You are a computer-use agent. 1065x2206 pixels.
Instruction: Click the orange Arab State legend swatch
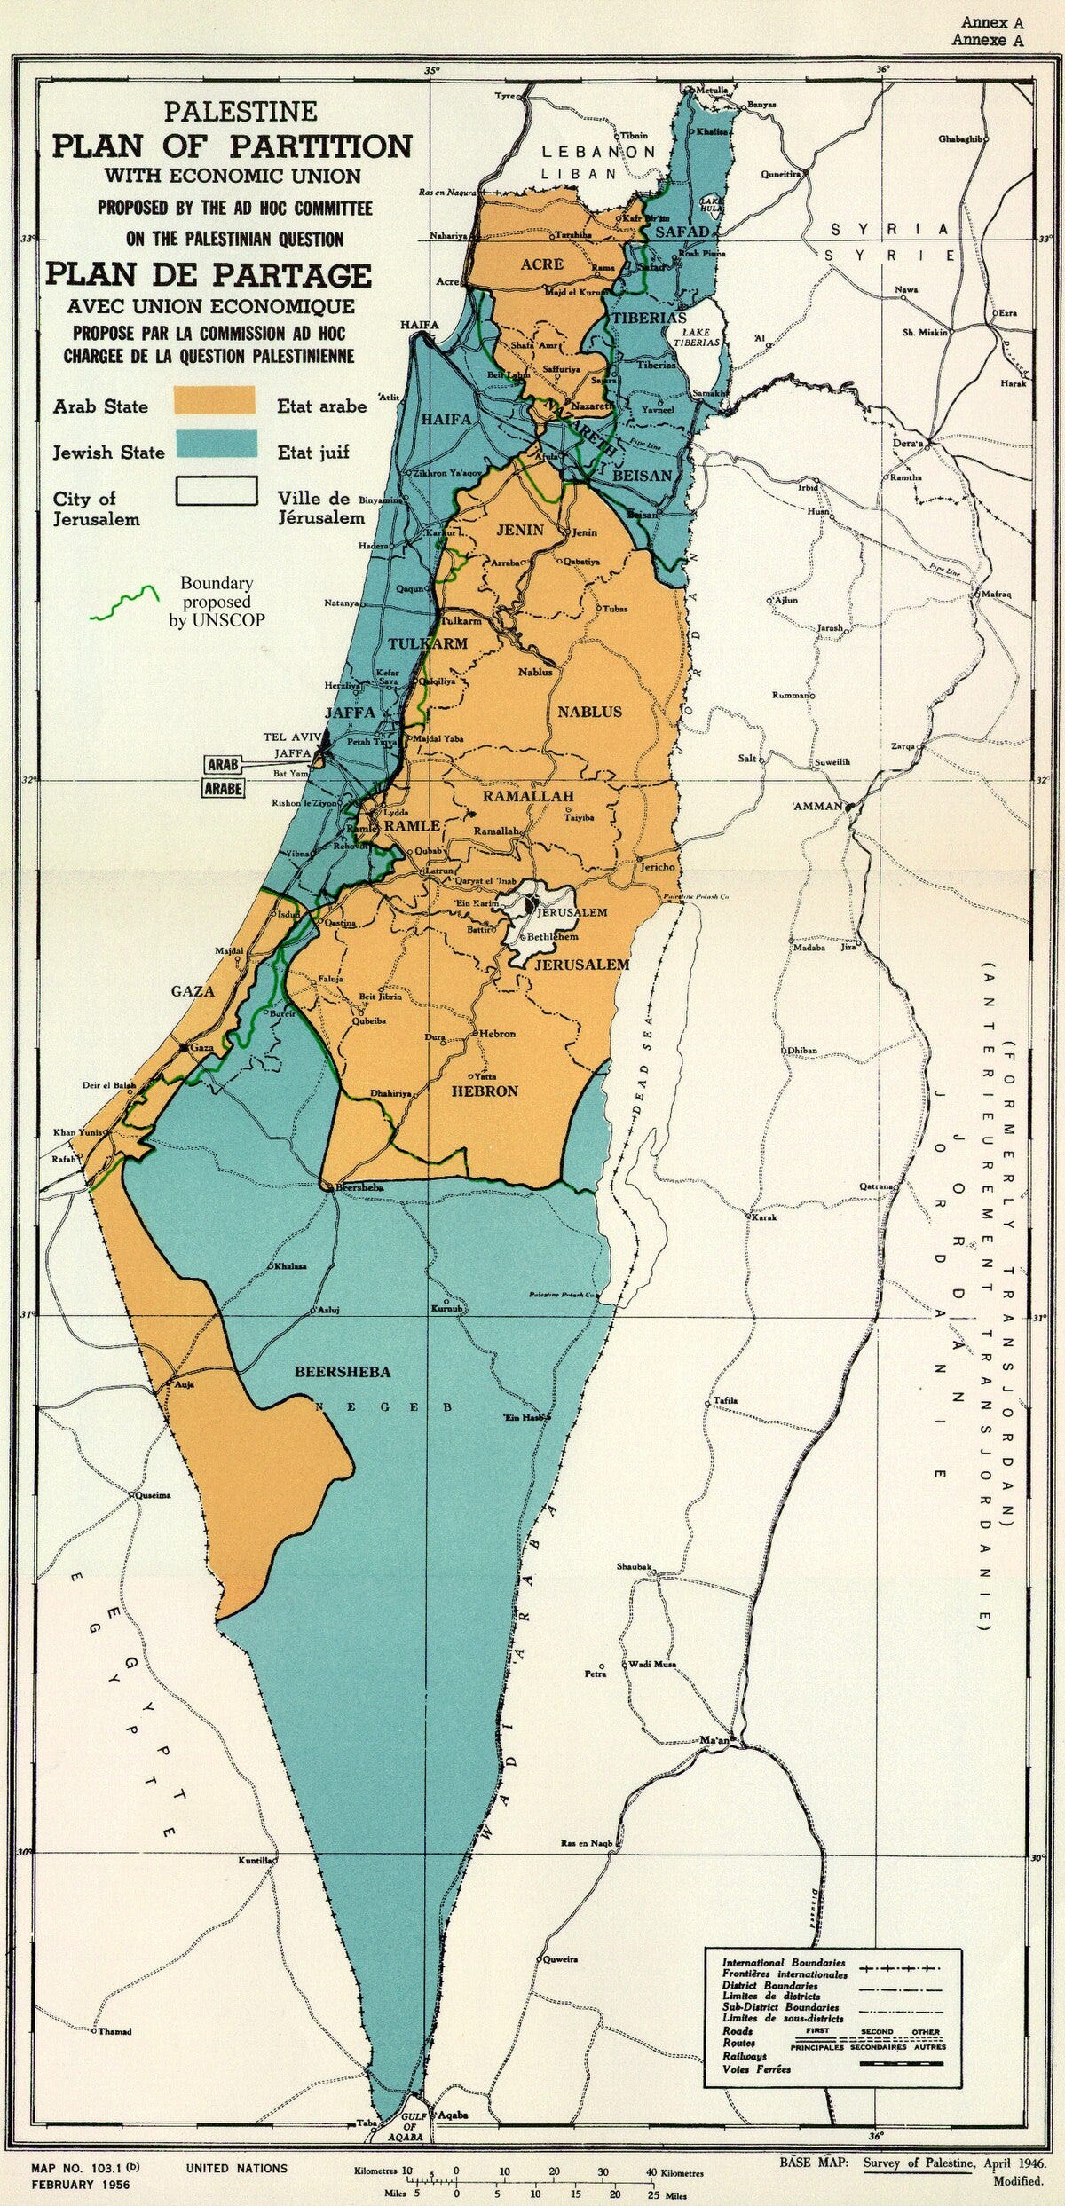pyautogui.click(x=214, y=400)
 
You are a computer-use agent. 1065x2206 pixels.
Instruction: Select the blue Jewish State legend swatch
pyautogui.click(x=214, y=444)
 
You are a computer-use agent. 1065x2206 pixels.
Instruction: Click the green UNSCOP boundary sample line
pyautogui.click(x=124, y=602)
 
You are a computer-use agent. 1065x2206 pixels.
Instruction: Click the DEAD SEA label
pyautogui.click(x=642, y=1080)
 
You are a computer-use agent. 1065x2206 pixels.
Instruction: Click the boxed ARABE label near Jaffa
pyautogui.click(x=225, y=788)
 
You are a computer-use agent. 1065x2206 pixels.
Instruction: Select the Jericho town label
pyautogui.click(x=658, y=865)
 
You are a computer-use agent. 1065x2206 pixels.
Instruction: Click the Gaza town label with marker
pyautogui.click(x=202, y=1048)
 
